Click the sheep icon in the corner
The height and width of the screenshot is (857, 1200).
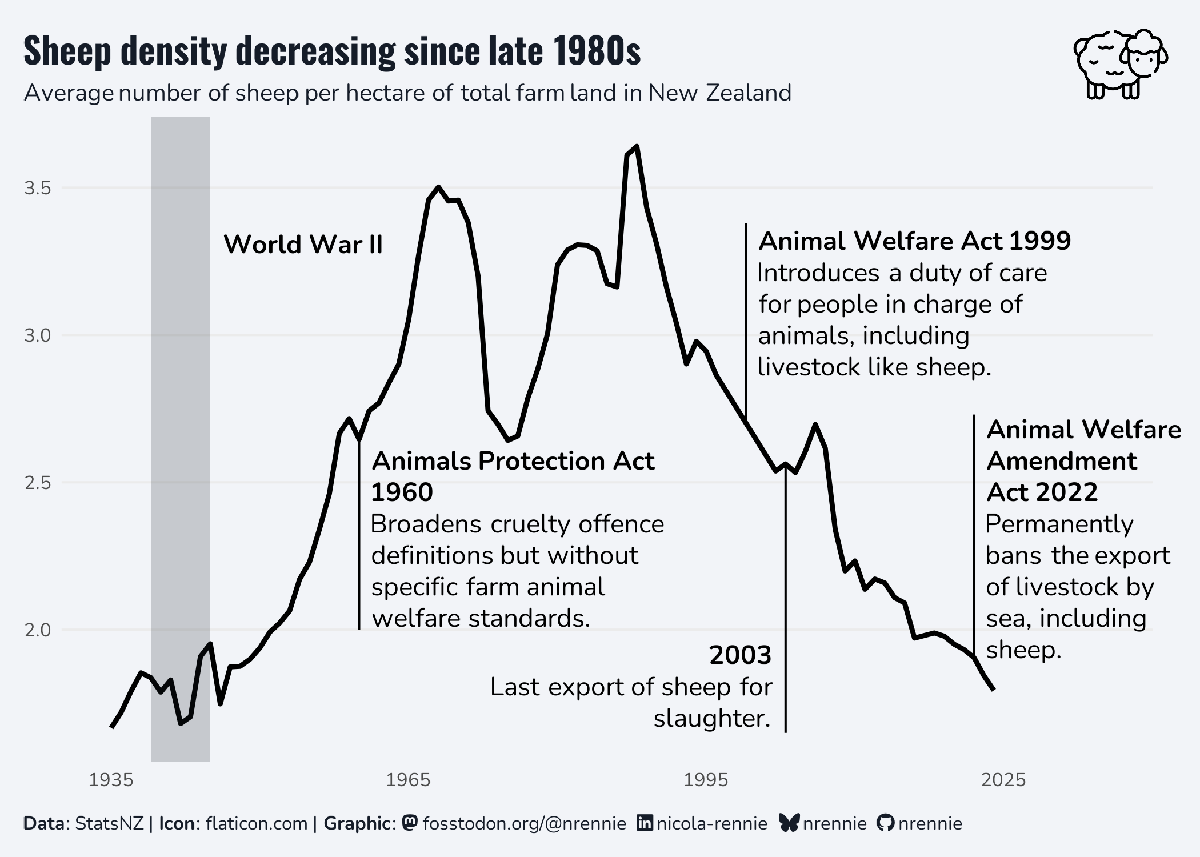[x=1120, y=64]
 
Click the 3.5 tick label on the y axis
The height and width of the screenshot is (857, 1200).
[x=38, y=188]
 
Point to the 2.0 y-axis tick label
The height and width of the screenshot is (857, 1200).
[x=38, y=630]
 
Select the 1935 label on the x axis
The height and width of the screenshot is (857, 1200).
[x=111, y=780]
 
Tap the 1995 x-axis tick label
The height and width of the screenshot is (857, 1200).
[x=706, y=780]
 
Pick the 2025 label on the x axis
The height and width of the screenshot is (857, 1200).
[x=1003, y=780]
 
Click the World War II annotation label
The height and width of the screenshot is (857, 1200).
[x=303, y=245]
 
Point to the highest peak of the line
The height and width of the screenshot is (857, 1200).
[x=637, y=147]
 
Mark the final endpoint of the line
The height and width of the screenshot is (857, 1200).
[x=994, y=690]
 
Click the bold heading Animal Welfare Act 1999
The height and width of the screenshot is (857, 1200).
[x=914, y=241]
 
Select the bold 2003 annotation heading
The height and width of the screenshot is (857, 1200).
[x=741, y=655]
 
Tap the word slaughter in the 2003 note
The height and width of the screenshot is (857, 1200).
[x=711, y=719]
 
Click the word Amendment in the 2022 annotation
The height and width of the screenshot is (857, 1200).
[x=1062, y=461]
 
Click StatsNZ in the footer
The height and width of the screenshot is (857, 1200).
[x=109, y=824]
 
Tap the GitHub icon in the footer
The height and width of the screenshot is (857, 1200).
[x=885, y=823]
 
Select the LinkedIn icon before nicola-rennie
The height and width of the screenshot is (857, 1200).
[x=645, y=823]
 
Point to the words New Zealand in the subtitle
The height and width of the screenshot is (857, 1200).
[x=720, y=93]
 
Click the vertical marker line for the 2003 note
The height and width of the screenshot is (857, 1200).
[x=786, y=600]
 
